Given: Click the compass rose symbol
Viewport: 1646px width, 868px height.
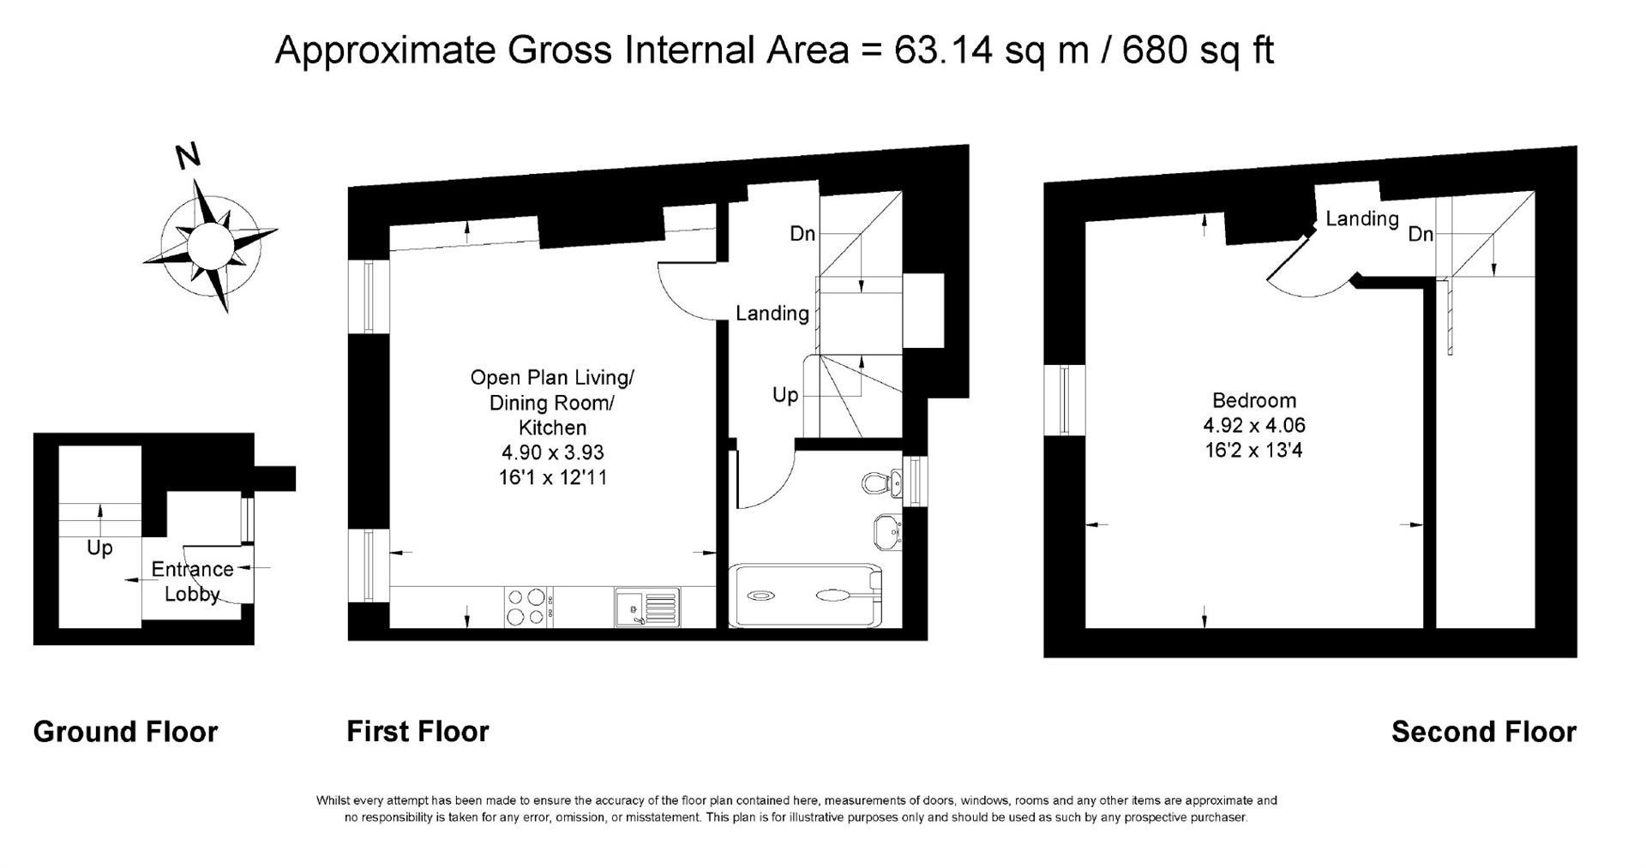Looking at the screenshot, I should click(x=210, y=245).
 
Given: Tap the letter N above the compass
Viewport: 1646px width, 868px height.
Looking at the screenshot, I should click(x=188, y=156).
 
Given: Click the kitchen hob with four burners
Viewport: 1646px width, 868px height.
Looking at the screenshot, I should click(x=526, y=606).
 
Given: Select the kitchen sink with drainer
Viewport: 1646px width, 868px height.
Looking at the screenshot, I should click(x=646, y=607).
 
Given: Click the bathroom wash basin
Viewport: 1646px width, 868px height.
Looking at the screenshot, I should click(x=886, y=531).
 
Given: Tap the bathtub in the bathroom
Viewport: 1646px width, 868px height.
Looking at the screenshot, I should click(x=804, y=595).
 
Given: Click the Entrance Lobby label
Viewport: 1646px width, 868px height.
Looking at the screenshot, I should click(x=192, y=581).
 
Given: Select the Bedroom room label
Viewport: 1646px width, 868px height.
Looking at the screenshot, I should click(x=1253, y=400).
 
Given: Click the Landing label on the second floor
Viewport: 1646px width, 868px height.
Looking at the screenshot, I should click(x=1361, y=218).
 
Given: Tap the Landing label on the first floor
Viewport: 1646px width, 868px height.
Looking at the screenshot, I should click(x=772, y=314).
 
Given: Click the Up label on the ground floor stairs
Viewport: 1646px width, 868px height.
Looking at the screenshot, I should click(x=99, y=548).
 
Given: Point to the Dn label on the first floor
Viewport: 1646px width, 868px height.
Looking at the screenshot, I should click(x=802, y=233).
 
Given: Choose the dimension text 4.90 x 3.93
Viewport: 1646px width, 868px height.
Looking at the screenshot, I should click(x=552, y=452).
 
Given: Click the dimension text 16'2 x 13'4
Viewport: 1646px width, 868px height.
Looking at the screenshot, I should click(x=1253, y=450).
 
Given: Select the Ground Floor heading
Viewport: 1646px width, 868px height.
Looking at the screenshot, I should click(x=125, y=732).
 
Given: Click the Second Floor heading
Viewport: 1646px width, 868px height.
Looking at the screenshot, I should click(x=1483, y=732).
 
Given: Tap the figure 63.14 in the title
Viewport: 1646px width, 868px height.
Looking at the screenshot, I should click(x=943, y=50).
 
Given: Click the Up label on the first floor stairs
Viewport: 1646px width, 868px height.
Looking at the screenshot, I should click(x=785, y=395).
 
